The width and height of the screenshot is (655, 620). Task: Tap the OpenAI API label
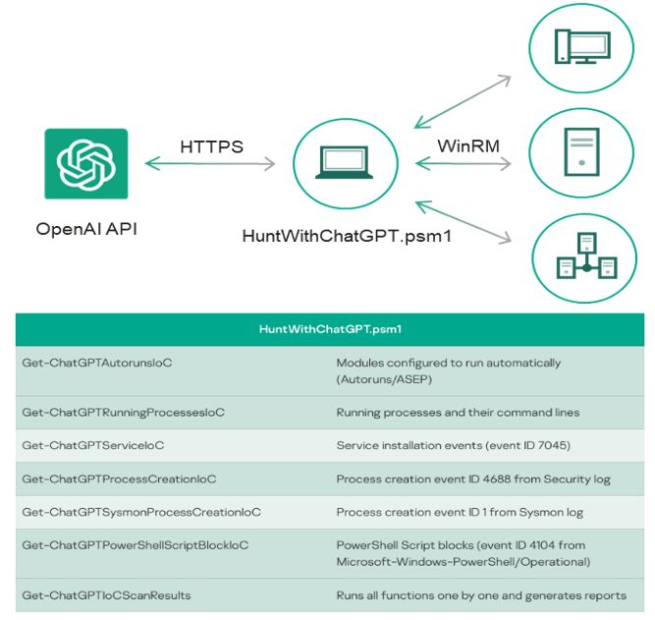pos(85,229)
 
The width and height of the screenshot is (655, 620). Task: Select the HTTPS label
pos(211,147)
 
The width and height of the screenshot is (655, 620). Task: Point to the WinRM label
pos(468,146)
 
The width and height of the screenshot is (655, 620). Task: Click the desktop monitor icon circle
pos(581,46)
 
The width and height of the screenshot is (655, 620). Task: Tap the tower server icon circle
pos(581,153)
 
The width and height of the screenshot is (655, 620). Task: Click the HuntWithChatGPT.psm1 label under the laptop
pos(346,236)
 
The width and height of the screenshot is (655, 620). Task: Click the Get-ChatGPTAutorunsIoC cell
pos(97,363)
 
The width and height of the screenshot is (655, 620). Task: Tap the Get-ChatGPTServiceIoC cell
pos(93,445)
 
